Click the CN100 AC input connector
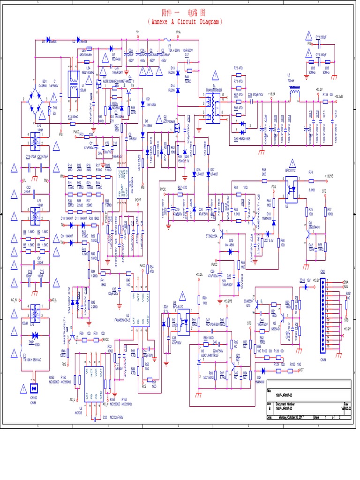[33, 389]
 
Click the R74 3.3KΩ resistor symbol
[311, 178]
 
